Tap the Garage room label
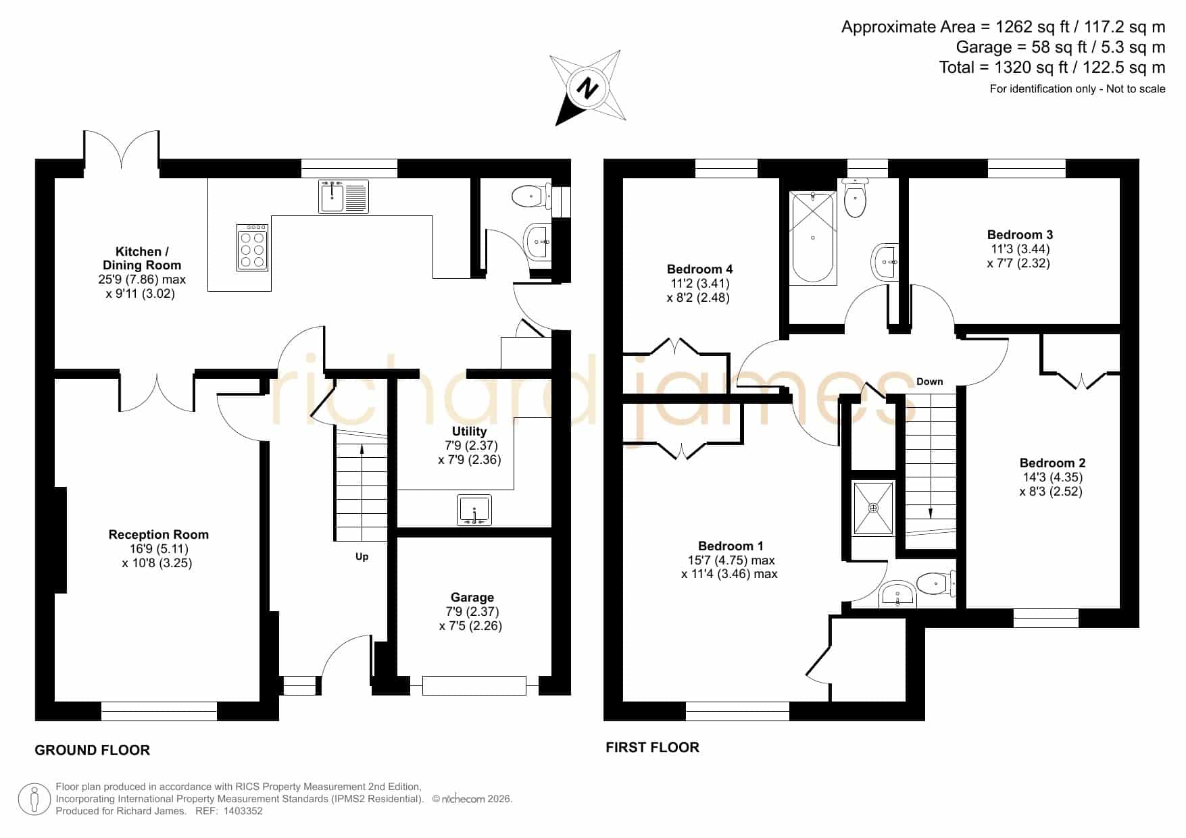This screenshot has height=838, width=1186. click(472, 597)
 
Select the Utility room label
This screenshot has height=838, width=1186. click(469, 431)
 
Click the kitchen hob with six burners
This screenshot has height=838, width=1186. click(253, 248)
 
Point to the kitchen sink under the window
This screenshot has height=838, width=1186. click(344, 197)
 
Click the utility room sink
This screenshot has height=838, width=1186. click(474, 510)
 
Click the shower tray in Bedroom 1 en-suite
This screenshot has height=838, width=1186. click(873, 508)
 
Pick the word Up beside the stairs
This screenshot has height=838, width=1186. click(362, 556)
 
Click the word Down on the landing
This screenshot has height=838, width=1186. click(929, 382)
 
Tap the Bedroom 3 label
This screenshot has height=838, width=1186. click(1020, 234)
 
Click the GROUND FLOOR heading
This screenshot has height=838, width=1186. click(93, 750)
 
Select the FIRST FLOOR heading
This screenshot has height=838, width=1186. click(652, 747)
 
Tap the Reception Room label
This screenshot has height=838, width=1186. click(159, 534)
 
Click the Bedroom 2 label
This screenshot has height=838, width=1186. click(1052, 463)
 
